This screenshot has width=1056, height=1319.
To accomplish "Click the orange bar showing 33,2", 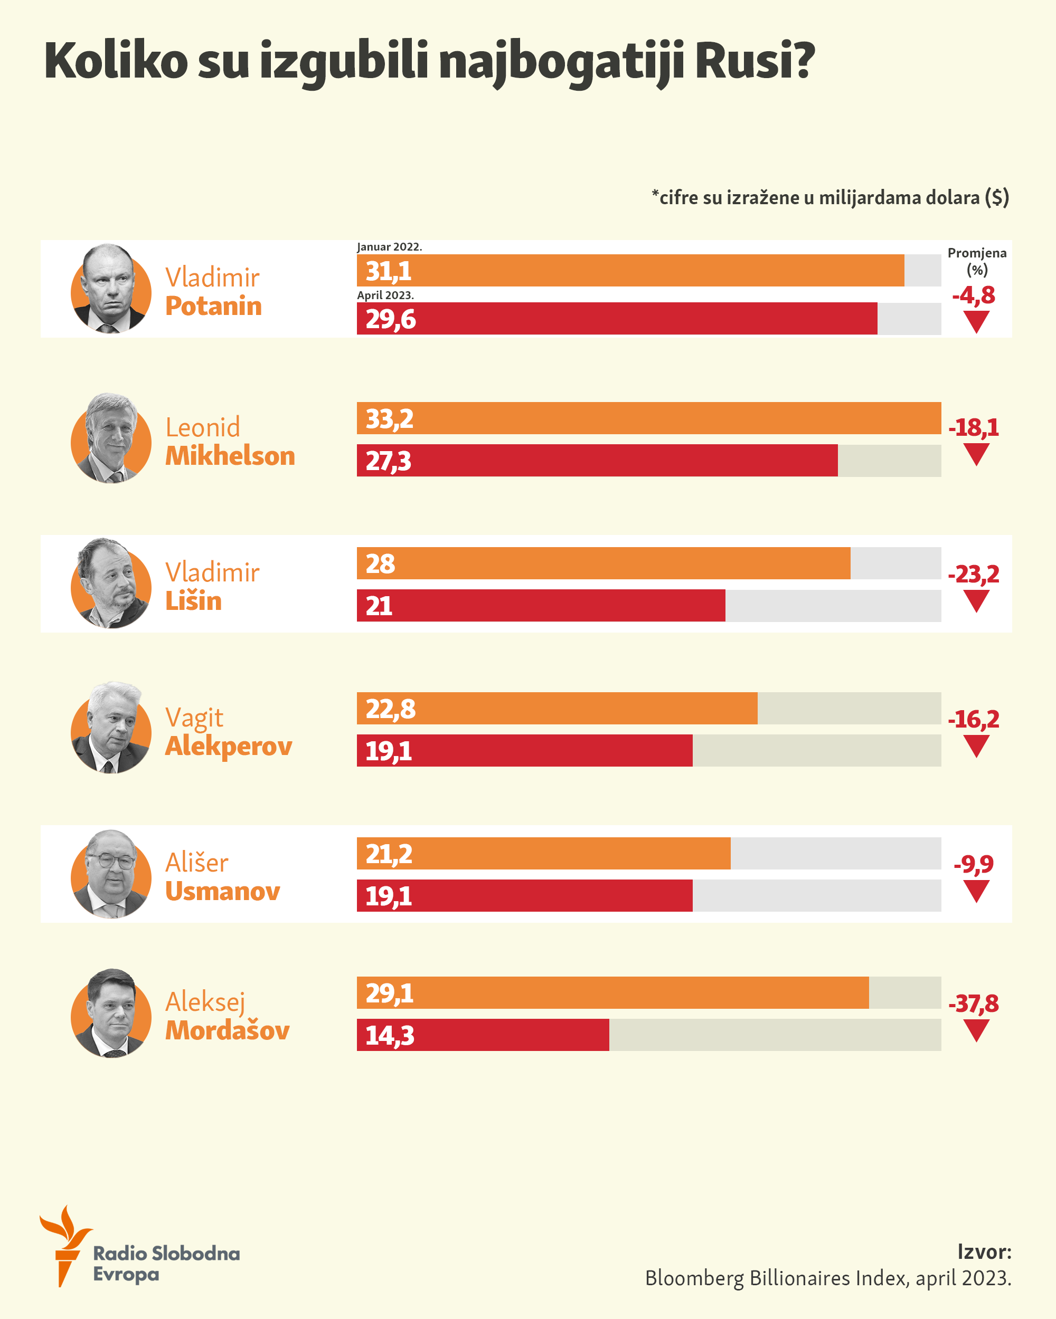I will tap(649, 418).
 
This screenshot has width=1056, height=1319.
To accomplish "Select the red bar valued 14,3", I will tap(483, 1035).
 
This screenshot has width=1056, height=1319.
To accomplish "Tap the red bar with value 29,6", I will tap(617, 319).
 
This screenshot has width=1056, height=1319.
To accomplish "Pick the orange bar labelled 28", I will tap(604, 563).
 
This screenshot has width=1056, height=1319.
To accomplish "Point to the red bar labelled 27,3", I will tap(598, 461).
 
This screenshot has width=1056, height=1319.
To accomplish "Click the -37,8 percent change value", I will tap(973, 1004).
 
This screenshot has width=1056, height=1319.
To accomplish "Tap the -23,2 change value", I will tap(973, 575).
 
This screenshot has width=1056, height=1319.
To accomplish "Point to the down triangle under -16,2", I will tap(976, 747).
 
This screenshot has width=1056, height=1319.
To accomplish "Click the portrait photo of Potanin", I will tap(111, 289).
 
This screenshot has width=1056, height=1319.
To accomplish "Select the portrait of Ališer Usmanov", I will tap(111, 874).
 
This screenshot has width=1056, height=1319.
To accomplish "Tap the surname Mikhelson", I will tap(230, 456).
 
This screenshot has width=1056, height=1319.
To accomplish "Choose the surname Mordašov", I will tap(227, 1031).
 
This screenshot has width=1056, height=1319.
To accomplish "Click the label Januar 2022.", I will tap(389, 247).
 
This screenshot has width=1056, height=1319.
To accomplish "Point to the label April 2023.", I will tap(385, 295).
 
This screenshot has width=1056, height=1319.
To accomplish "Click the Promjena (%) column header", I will tap(976, 261).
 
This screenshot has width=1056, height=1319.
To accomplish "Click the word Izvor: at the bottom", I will tap(984, 1251).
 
